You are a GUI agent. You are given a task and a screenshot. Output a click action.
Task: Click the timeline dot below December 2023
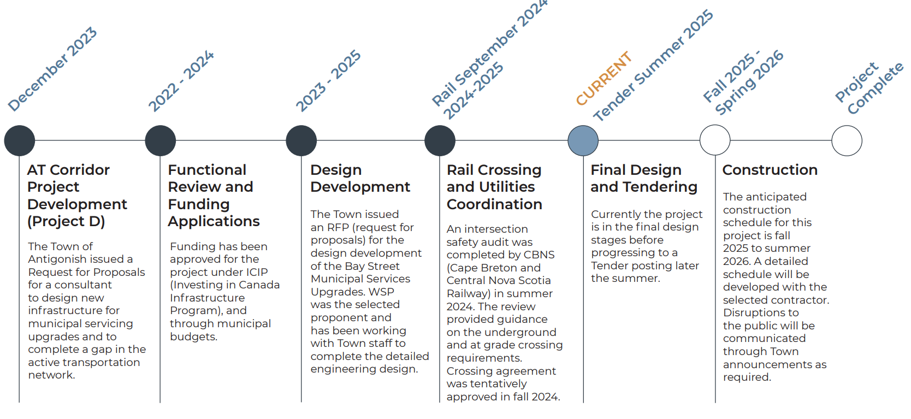[20, 140]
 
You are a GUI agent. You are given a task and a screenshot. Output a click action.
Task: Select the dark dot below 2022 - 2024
[161, 140]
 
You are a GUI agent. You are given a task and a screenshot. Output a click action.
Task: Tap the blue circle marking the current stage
[583, 140]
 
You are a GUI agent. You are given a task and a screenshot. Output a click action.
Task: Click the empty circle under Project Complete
[847, 140]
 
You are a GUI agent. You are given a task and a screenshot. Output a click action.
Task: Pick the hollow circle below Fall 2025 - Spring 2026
[715, 140]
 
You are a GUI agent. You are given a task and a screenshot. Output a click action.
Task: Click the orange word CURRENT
[604, 79]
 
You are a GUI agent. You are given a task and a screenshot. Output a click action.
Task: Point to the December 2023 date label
[52, 69]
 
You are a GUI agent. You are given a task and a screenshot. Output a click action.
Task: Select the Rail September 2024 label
[489, 52]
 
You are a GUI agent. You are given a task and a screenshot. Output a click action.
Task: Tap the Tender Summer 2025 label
[653, 66]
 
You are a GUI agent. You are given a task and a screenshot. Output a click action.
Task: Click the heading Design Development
[360, 178]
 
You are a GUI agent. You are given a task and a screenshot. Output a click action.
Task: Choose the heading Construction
[770, 170]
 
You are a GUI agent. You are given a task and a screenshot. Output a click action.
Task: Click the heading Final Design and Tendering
[643, 178]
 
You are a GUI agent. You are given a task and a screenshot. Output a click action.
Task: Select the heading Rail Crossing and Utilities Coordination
[494, 187]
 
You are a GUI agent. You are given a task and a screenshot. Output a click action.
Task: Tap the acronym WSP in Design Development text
[381, 292]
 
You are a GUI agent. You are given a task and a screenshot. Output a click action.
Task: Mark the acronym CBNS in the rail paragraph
[538, 255]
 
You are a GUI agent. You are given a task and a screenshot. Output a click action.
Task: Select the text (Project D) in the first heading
[66, 221]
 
